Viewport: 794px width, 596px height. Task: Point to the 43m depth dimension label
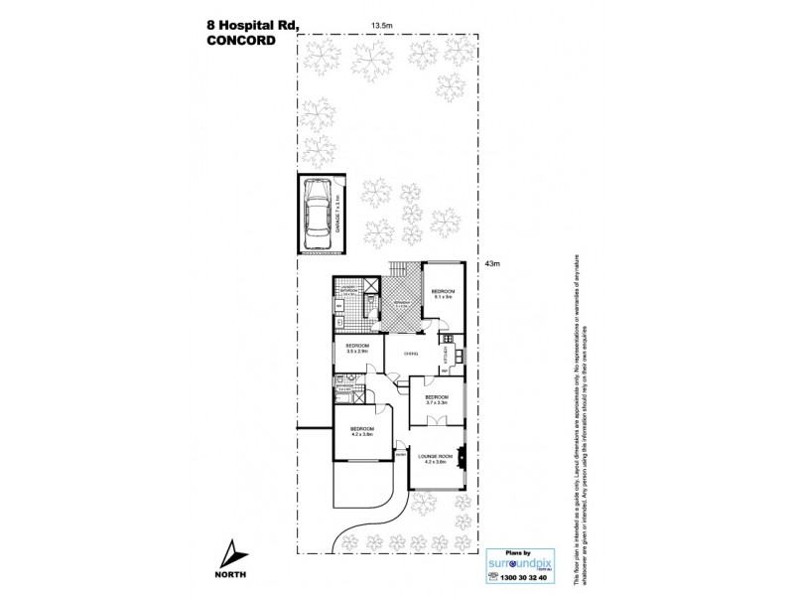[492, 263]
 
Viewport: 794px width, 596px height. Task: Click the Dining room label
[408, 353]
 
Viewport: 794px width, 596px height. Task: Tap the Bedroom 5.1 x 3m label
[442, 294]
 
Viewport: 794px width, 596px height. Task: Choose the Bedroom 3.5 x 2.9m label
[357, 350]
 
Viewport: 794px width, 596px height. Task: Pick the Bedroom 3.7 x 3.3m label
[437, 400]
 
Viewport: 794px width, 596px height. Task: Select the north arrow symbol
[230, 551]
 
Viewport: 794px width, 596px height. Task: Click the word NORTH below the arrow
[230, 573]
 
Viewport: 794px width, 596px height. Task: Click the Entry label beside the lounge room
[401, 456]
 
